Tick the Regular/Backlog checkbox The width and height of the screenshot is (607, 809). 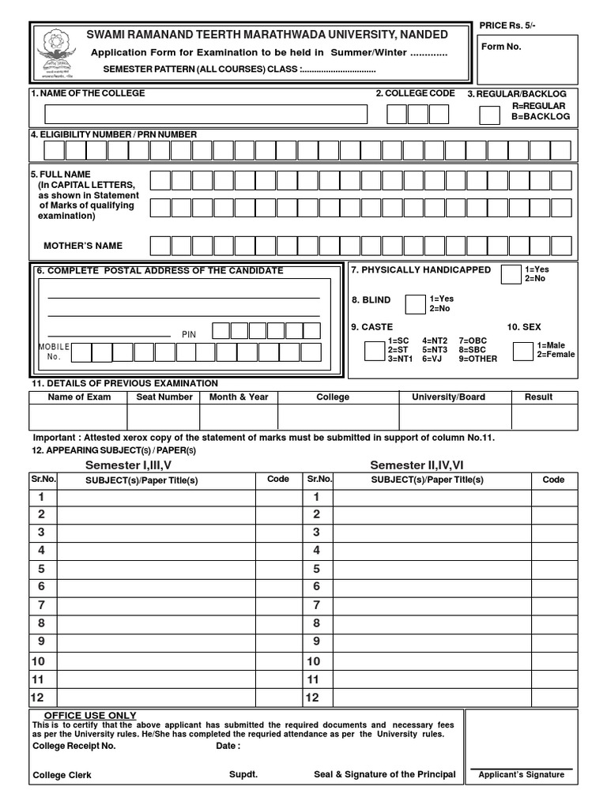490,115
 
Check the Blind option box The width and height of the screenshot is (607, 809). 415,304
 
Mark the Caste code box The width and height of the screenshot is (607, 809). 374,351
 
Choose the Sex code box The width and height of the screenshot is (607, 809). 522,351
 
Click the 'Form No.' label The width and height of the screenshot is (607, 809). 502,47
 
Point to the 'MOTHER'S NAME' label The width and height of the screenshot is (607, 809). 83,246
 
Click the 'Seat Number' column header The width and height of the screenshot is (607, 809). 164,397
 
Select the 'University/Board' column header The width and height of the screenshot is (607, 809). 448,397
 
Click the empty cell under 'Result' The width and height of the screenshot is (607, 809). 538,416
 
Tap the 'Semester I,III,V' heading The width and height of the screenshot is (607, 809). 128,465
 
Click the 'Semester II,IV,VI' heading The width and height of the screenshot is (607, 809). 418,465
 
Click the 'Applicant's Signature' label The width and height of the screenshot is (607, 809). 522,774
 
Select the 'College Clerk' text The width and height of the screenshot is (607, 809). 62,775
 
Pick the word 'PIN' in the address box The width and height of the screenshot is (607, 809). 189,335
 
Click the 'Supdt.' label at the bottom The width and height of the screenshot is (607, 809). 243,774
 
